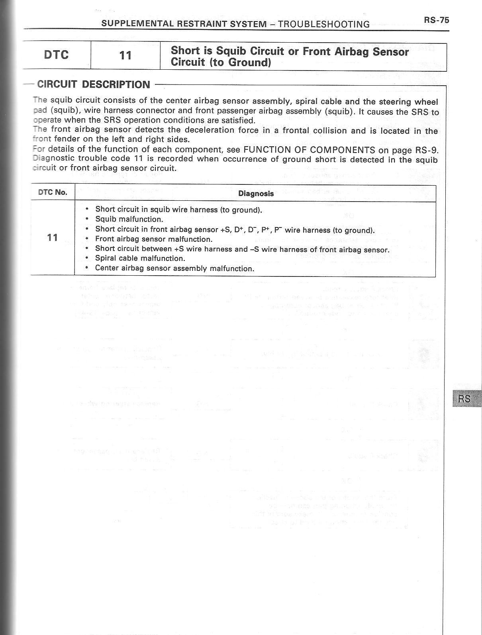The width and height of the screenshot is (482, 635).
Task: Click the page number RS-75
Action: point(436,20)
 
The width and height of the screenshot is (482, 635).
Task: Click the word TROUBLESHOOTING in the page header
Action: point(323,24)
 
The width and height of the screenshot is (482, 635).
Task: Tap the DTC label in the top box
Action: point(56,55)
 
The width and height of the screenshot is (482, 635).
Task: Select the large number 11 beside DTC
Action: point(125,55)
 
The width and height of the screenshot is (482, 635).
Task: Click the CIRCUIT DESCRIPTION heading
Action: point(94,84)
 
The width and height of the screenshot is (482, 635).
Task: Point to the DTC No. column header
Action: point(53,192)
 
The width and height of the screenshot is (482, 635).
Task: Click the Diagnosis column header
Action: point(256,194)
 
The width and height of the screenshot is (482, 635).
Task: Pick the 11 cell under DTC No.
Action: point(52,238)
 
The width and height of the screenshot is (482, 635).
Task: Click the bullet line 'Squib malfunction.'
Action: point(129,219)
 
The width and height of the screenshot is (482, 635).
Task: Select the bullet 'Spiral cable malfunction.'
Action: point(140,258)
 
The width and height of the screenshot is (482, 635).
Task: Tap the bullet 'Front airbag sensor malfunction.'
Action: point(154,239)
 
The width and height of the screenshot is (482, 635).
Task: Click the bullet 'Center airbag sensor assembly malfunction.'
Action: point(174,269)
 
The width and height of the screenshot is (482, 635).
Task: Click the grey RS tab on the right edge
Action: point(465,398)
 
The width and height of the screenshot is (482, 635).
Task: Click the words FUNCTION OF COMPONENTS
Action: point(309,150)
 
